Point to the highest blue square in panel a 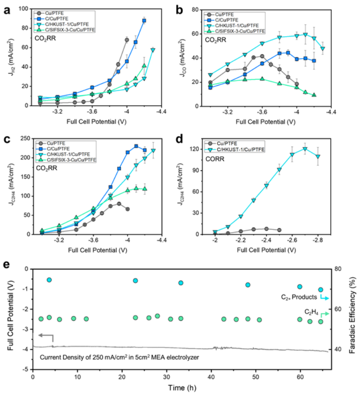(144, 21)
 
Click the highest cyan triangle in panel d (305, 149)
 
